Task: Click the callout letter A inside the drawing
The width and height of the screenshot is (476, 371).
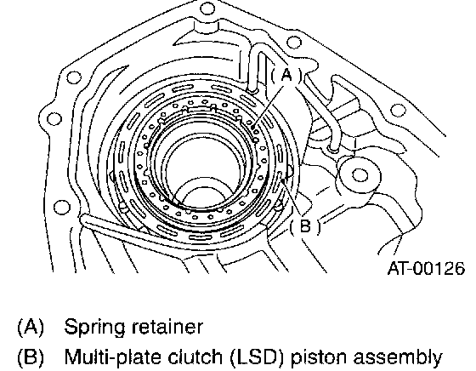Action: [286, 75]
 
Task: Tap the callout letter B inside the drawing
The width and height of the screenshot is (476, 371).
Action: [305, 226]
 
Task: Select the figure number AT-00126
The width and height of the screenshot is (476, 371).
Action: [426, 268]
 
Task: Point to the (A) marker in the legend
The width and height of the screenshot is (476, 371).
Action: [31, 328]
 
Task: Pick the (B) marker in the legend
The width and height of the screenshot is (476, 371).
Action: [31, 357]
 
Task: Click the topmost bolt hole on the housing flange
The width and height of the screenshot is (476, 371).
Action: [207, 9]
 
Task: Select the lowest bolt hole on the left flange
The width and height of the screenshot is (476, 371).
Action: [61, 208]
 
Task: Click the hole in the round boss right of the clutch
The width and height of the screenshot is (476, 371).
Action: [360, 175]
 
